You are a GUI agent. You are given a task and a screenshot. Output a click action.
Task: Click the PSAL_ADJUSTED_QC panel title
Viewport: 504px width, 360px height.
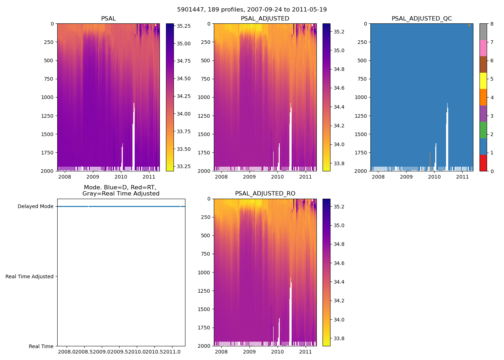tap(422, 19)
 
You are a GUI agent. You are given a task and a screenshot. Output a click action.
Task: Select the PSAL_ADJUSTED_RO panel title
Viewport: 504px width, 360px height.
tap(265, 194)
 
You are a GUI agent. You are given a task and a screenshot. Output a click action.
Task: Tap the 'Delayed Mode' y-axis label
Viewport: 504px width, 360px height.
tap(35, 207)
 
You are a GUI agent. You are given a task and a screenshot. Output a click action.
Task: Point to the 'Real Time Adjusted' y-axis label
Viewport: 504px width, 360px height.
tap(30, 276)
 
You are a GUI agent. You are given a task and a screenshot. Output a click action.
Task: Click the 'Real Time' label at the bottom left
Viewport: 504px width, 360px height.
tap(41, 346)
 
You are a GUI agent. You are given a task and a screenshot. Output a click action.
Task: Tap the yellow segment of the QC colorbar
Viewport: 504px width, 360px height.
tap(483, 81)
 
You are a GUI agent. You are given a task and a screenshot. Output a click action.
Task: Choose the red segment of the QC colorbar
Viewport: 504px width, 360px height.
tap(483, 163)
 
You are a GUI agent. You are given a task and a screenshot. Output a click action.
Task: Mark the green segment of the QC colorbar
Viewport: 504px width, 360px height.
tap(483, 130)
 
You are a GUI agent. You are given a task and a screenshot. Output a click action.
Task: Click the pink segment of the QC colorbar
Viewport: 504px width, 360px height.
tap(483, 48)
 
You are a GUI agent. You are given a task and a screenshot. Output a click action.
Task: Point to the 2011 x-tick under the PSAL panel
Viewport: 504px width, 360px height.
tap(149, 177)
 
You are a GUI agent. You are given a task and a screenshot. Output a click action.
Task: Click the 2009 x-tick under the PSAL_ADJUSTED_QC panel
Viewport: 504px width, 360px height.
tap(406, 177)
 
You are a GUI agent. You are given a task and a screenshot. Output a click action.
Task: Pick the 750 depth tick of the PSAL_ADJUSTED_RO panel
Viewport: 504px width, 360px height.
tap(206, 254)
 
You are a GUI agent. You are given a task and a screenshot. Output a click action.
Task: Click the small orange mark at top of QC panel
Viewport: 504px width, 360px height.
tap(469, 25)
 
